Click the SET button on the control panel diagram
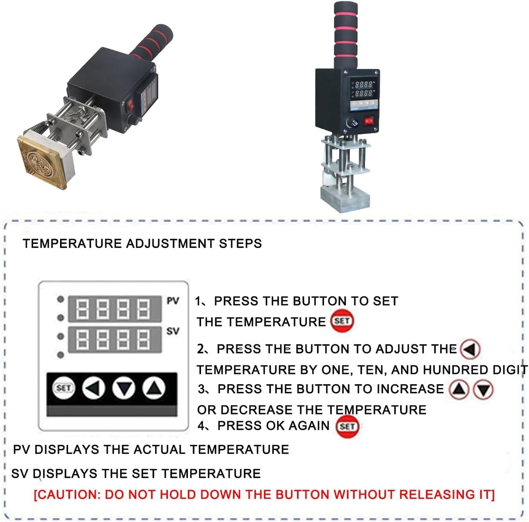64,388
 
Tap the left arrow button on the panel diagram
94,388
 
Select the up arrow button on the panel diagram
153,388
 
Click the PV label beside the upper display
172,301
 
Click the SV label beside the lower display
172,331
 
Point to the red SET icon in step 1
342,321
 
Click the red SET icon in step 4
347,426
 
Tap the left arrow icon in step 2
470,349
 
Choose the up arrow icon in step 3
459,390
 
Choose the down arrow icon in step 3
483,390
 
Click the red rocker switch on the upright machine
369,120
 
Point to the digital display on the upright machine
362,89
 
